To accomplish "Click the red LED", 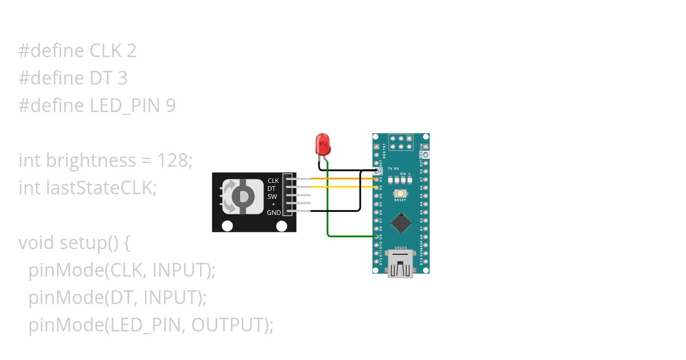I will pyautogui.click(x=323, y=144).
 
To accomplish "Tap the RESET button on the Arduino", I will pyautogui.click(x=400, y=194).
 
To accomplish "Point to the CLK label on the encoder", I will pyautogui.click(x=273, y=181).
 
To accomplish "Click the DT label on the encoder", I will pyautogui.click(x=272, y=189).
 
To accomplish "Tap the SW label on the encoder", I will pyautogui.click(x=272, y=197).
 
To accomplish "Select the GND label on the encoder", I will pyautogui.click(x=273, y=213).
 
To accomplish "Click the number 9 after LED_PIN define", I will pyautogui.click(x=170, y=106).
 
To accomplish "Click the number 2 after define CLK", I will pyautogui.click(x=131, y=51).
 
